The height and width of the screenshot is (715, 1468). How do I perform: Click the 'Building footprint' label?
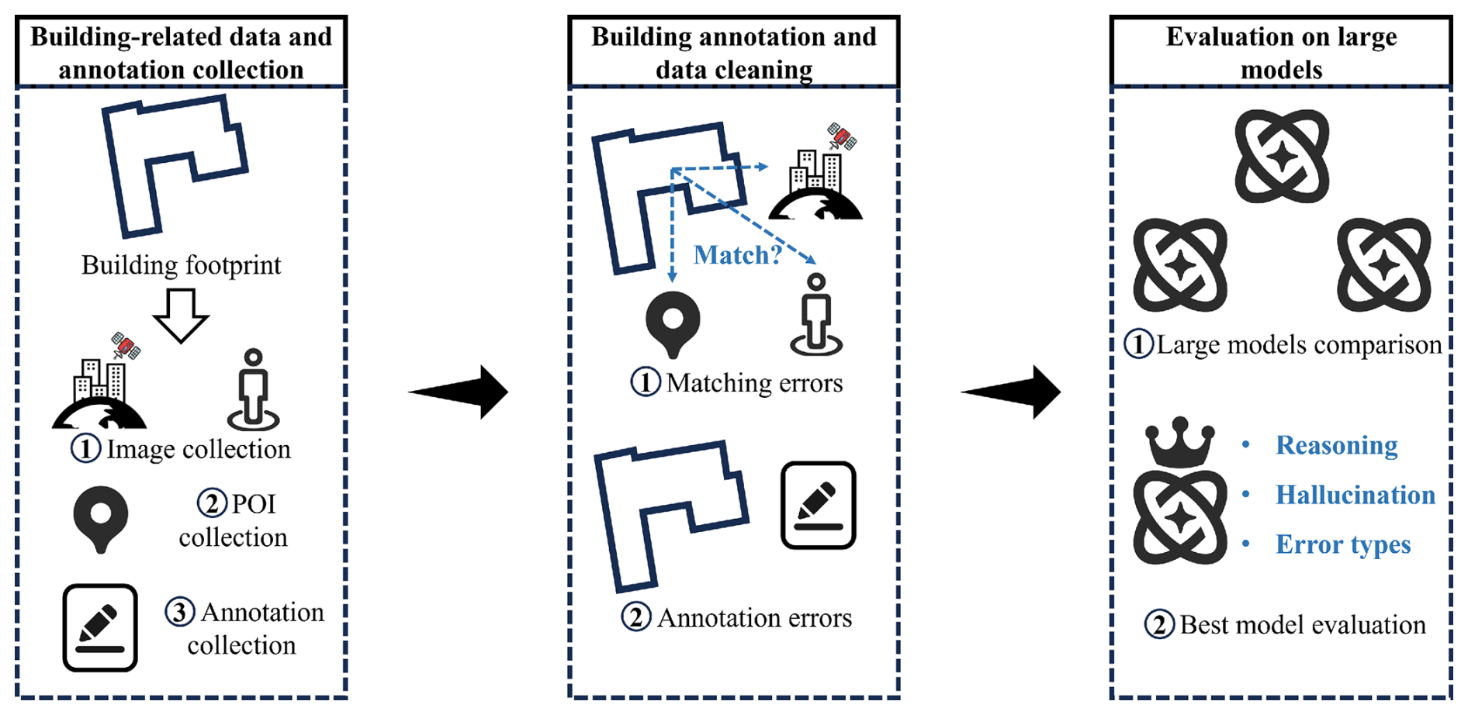pyautogui.click(x=181, y=265)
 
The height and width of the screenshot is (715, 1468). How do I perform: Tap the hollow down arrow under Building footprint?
pyautogui.click(x=181, y=315)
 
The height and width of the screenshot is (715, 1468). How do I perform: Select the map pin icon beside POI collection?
pyautogui.click(x=100, y=518)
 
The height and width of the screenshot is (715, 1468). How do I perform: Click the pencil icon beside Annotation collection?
pyautogui.click(x=100, y=627)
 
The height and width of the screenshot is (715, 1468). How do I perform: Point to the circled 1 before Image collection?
pyautogui.click(x=86, y=448)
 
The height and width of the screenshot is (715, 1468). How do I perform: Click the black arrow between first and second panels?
pyautogui.click(x=459, y=392)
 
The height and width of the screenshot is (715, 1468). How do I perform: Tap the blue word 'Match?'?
pyautogui.click(x=736, y=254)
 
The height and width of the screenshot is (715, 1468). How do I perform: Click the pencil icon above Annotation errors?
pyautogui.click(x=818, y=506)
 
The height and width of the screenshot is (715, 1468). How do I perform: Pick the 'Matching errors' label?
pyautogui.click(x=753, y=382)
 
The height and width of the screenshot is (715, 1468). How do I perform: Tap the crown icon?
pyautogui.click(x=1180, y=442)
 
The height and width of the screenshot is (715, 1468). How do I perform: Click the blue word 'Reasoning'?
pyautogui.click(x=1336, y=445)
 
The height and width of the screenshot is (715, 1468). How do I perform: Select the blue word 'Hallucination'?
pyautogui.click(x=1355, y=495)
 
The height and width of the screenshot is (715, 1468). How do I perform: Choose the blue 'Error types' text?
pyautogui.click(x=1342, y=544)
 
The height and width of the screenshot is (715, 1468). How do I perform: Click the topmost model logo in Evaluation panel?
pyautogui.click(x=1282, y=157)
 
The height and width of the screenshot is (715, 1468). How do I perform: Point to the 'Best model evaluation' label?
pyautogui.click(x=1302, y=624)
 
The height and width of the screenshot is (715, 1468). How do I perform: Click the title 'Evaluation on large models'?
pyautogui.click(x=1281, y=53)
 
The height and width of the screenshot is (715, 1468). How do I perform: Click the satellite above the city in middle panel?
pyautogui.click(x=841, y=137)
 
